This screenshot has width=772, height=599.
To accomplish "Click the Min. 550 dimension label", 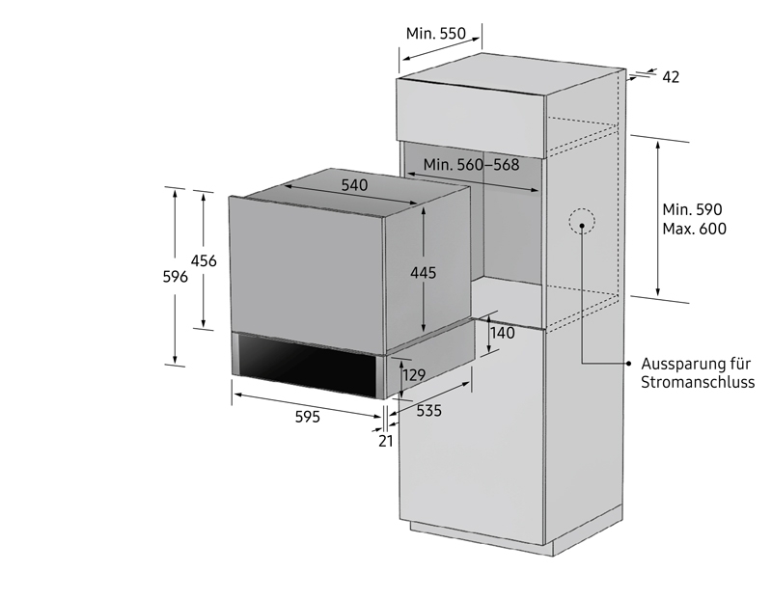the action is click(x=436, y=34).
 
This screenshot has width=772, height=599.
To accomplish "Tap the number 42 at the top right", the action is click(x=671, y=77).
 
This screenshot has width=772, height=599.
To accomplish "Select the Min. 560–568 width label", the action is click(x=471, y=164).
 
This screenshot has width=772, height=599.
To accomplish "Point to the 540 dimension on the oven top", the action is click(x=354, y=185).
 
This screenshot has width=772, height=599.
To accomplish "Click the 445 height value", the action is click(x=424, y=273).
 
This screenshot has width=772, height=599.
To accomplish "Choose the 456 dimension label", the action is click(x=204, y=260).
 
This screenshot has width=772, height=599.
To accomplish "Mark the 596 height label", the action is click(x=176, y=277).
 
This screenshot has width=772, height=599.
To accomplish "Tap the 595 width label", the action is click(x=308, y=417).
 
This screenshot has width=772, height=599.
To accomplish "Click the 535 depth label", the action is click(x=429, y=411).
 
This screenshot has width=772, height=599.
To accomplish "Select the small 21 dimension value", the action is click(x=386, y=441).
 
